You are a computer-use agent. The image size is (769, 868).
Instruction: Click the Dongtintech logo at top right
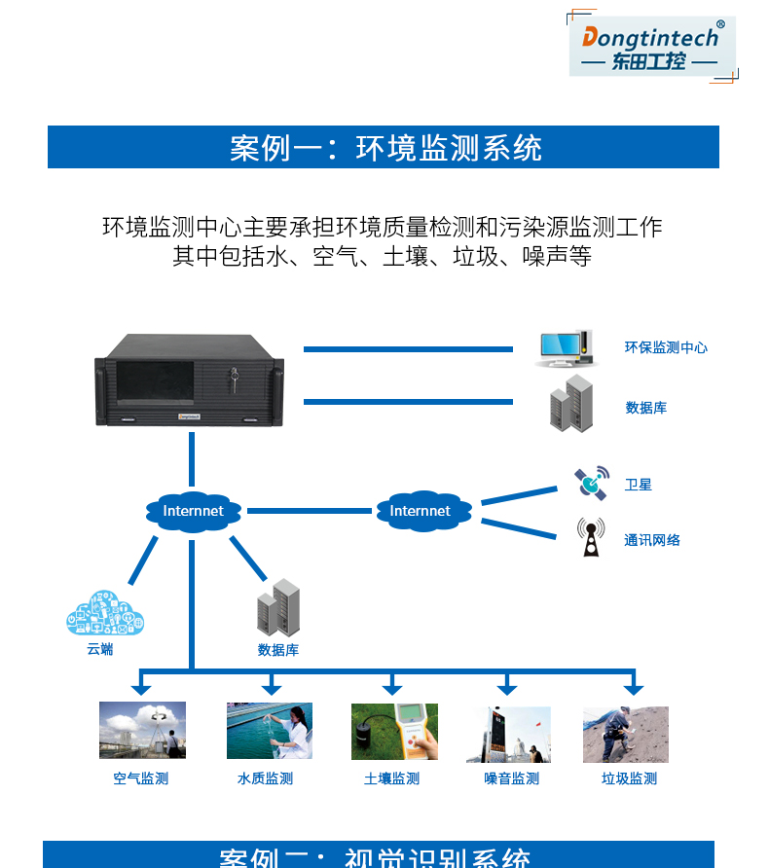[x=651, y=46]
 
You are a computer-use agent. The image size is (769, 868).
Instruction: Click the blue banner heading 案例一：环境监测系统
[x=384, y=148]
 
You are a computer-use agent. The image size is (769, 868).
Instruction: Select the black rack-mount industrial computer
[x=190, y=380]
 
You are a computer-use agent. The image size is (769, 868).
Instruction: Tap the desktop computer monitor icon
[x=564, y=348]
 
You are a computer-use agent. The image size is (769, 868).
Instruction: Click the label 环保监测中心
[x=666, y=347]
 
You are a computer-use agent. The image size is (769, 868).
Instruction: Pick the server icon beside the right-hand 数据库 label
[x=571, y=404]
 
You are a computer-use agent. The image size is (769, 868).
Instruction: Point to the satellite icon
[x=590, y=482]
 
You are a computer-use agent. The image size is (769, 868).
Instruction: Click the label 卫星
[x=639, y=485]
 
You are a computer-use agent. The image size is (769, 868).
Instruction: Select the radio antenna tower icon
[x=590, y=537]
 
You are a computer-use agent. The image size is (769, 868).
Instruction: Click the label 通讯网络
[x=652, y=540]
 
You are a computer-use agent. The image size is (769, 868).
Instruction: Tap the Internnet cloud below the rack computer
[x=193, y=511]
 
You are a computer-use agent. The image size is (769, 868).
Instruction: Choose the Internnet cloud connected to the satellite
[x=421, y=511]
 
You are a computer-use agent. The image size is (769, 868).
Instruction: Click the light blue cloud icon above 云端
[x=105, y=612]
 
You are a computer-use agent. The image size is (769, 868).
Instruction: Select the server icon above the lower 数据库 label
[x=278, y=606]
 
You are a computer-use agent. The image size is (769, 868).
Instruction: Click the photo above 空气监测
[x=142, y=731]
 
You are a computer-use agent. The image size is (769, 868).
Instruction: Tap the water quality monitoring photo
[x=270, y=731]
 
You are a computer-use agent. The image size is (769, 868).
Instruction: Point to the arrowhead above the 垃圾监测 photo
[x=634, y=689]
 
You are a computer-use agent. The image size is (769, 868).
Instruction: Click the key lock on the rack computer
[x=232, y=376]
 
